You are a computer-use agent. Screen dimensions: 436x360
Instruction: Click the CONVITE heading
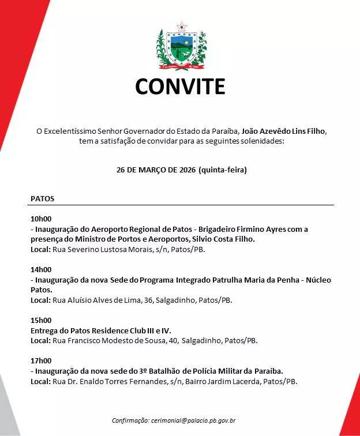click(180, 87)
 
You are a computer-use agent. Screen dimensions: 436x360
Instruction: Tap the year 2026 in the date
click(184, 171)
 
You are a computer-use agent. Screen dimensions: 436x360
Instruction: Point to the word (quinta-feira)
click(222, 171)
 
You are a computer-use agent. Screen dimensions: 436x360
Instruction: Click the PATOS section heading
click(42, 198)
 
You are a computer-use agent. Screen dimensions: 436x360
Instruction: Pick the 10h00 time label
click(41, 219)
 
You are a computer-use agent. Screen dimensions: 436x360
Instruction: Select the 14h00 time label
click(41, 269)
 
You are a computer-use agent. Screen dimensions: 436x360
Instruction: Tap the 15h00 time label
click(41, 320)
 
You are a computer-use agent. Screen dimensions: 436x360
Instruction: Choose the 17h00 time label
click(41, 360)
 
